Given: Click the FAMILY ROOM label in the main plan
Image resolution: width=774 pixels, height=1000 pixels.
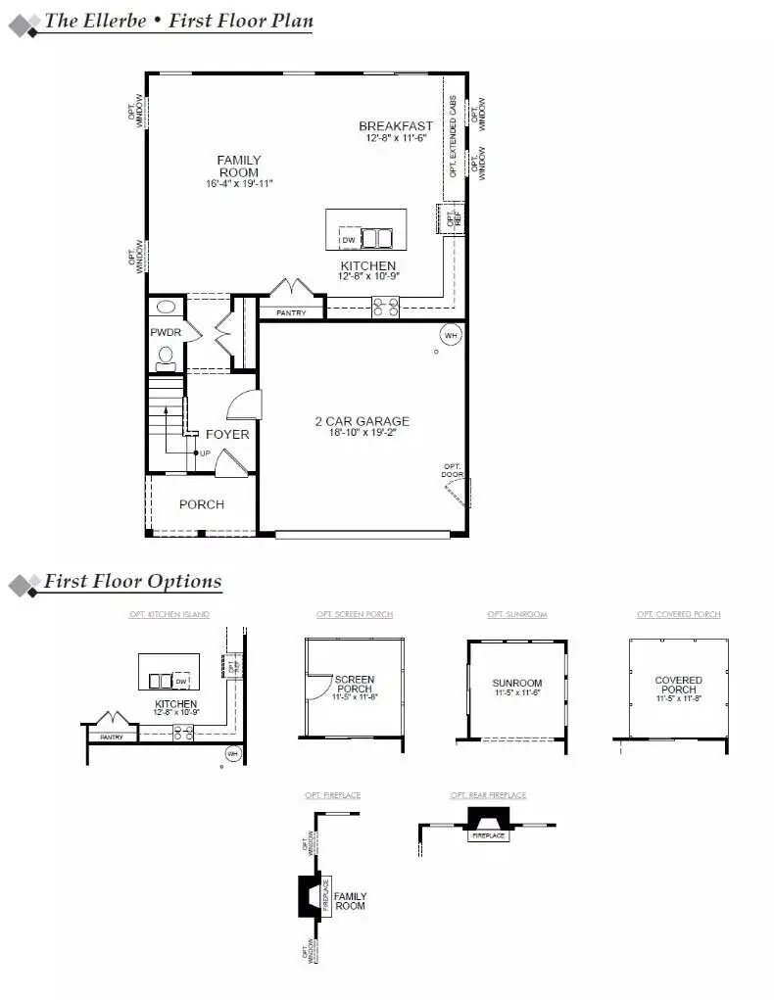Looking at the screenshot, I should coord(239,166).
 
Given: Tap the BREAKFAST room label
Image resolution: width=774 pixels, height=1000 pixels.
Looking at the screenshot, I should coord(395,126).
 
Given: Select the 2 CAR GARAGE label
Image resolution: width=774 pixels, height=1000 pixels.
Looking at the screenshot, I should coord(362,421).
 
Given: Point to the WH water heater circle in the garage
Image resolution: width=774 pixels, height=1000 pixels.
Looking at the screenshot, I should coord(450,335).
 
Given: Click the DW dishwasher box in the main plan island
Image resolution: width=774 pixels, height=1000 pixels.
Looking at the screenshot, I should coord(349,239).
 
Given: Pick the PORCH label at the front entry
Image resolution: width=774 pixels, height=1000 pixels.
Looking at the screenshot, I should coord(202,504).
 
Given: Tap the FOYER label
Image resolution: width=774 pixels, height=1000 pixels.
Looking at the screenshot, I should coord(226,434).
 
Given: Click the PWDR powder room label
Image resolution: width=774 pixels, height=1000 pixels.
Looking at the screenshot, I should coord(165,333).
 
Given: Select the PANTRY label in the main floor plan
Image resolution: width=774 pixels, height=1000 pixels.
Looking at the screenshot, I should coord(291,313).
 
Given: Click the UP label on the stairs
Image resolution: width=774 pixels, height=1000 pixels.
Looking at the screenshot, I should coord(205,452).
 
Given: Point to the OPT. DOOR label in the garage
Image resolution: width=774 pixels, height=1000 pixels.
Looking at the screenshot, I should coord(452,470).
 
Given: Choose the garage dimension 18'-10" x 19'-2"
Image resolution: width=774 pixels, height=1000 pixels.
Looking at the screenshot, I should coord(362,433).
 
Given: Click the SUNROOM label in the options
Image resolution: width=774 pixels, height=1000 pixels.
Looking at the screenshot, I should coord(516,683).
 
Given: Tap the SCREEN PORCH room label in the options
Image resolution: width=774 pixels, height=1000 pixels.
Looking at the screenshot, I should coord(354,684).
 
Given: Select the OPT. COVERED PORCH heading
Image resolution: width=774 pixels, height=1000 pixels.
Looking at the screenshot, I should coord(678,614).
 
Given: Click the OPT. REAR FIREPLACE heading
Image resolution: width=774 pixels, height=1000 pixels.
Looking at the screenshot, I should coord(488,795).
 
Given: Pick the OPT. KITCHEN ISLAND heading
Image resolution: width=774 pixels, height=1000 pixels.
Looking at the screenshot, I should coord(169,614).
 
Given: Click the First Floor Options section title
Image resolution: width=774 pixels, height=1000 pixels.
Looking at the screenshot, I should coord(132,582).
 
